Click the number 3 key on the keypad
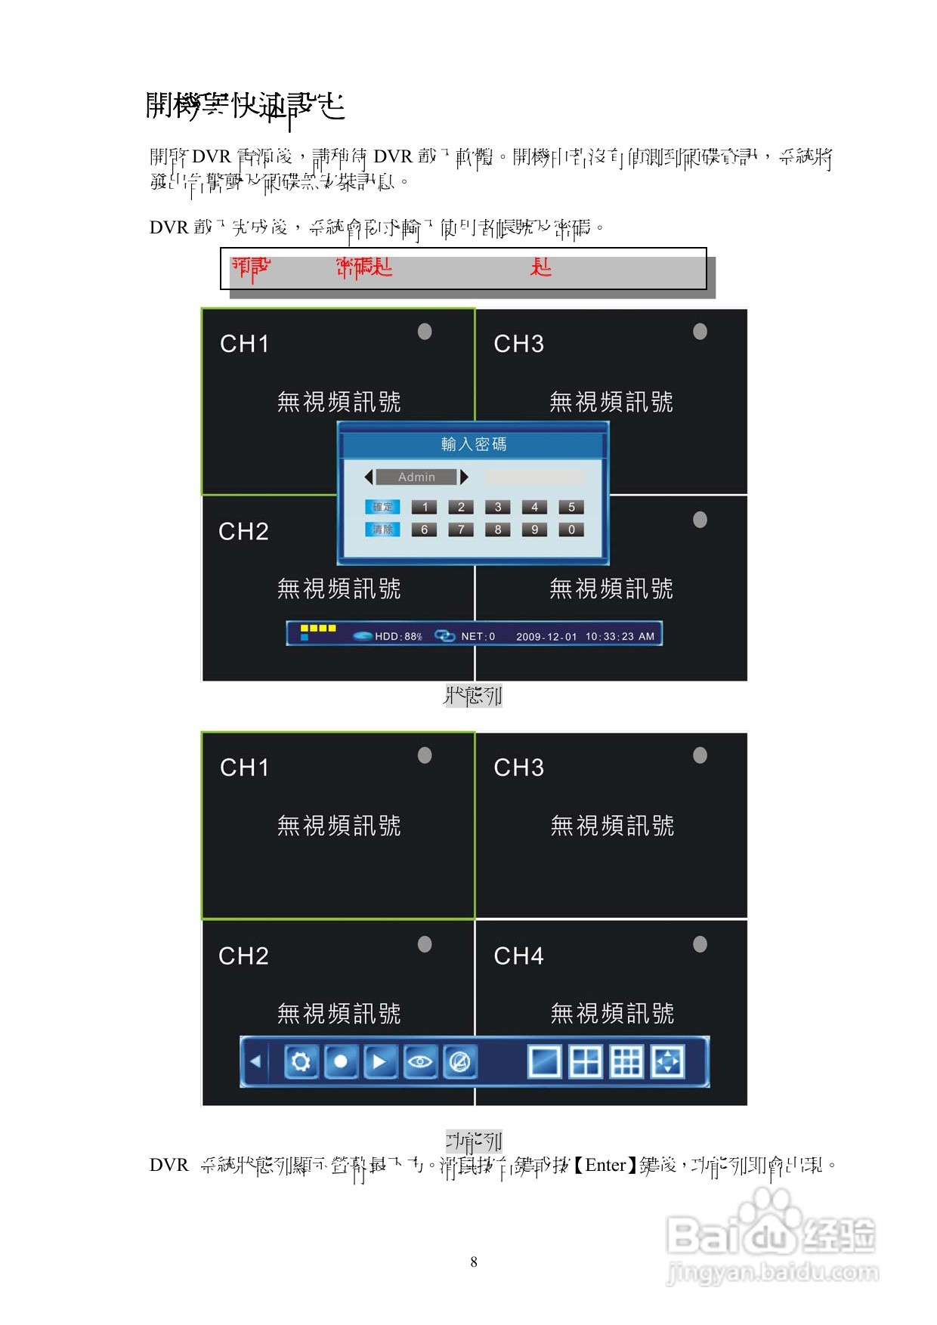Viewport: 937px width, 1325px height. pyautogui.click(x=498, y=507)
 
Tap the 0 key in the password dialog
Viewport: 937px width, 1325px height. pyautogui.click(x=571, y=530)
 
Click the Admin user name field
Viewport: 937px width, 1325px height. pyautogui.click(x=416, y=477)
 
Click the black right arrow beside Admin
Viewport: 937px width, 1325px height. pyautogui.click(x=464, y=477)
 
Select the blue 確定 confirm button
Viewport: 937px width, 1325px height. pyautogui.click(x=383, y=507)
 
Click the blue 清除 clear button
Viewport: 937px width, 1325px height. pyautogui.click(x=383, y=530)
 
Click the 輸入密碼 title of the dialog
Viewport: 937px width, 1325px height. pyautogui.click(x=474, y=444)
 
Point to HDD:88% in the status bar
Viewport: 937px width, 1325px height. pyautogui.click(x=397, y=636)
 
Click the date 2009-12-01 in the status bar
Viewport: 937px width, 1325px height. pyautogui.click(x=546, y=636)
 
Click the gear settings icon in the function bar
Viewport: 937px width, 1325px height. pyautogui.click(x=301, y=1061)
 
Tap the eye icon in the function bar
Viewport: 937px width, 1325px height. pyautogui.click(x=420, y=1061)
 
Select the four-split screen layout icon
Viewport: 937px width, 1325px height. pyautogui.click(x=586, y=1061)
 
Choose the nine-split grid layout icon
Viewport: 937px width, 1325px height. pyautogui.click(x=626, y=1061)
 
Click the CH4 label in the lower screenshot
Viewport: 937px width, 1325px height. pyautogui.click(x=518, y=956)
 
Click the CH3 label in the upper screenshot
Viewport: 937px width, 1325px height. pyautogui.click(x=518, y=344)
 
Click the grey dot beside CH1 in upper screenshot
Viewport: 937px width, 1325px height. pyautogui.click(x=425, y=332)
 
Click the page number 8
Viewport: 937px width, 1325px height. pyautogui.click(x=474, y=1262)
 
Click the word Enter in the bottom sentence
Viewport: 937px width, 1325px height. pyautogui.click(x=605, y=1165)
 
